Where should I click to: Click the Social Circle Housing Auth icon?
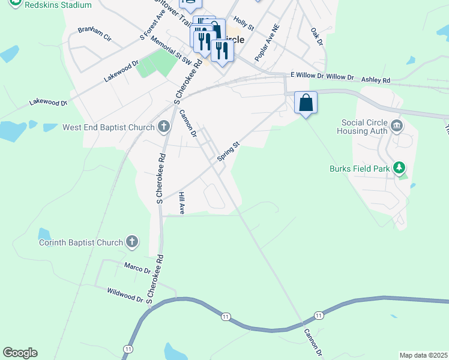397,125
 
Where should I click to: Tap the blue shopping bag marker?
306,103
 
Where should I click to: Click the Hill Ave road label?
181,203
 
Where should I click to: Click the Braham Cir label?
94,34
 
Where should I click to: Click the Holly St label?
244,24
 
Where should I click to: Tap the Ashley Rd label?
375,79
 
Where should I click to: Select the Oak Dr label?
317,35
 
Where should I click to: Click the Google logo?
20,353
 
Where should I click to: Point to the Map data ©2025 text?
424,355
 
